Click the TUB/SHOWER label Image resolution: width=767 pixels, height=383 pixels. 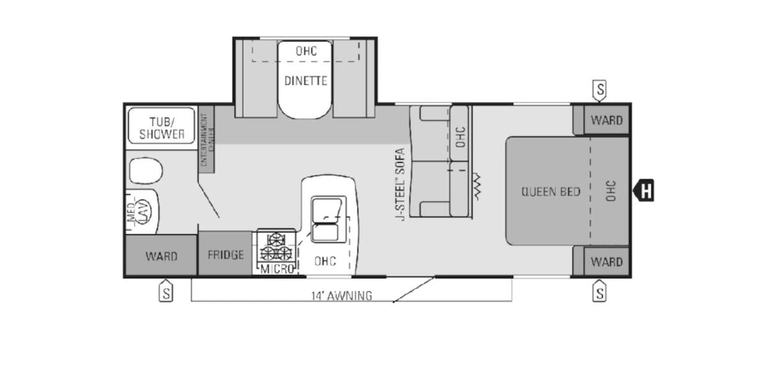pos(162,128)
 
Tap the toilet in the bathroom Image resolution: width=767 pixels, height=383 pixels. pos(146,171)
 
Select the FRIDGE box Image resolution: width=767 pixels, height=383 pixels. pos(226,255)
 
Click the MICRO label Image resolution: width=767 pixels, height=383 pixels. pos(277,269)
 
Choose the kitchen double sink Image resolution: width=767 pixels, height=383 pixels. pos(327,220)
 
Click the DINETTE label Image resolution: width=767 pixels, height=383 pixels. pos(306,81)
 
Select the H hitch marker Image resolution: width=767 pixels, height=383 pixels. pos(645,190)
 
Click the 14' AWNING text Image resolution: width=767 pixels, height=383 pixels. pos(341,296)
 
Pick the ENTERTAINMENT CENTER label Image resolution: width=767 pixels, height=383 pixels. pos(205,140)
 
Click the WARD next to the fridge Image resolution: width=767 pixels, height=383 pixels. pos(161,256)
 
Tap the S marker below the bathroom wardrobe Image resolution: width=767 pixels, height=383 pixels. pos(166,293)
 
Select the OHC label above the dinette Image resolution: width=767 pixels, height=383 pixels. pos(306,51)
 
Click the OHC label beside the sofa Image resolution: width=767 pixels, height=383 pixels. pos(460,136)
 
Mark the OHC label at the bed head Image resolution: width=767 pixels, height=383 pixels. pos(610,190)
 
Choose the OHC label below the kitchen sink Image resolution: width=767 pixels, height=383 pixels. pos(325,261)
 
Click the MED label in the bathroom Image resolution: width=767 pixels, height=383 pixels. pos(131,213)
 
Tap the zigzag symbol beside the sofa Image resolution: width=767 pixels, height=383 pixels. pos(476,185)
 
